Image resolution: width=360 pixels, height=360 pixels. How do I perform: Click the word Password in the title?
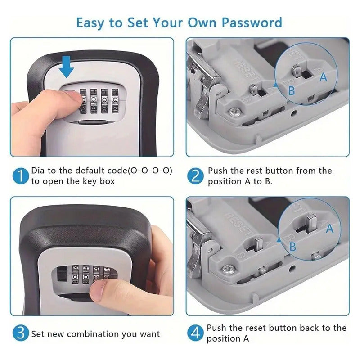coord(252,23)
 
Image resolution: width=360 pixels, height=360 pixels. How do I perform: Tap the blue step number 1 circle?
coord(21,176)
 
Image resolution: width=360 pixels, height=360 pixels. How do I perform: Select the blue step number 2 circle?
coord(195,176)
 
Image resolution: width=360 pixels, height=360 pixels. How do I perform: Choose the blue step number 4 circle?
coord(195,333)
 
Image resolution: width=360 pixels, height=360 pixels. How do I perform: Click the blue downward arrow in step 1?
coord(67,67)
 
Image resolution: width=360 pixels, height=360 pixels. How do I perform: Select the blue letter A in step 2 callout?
coord(323,76)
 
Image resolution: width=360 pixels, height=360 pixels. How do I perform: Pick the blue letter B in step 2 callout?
coord(291,90)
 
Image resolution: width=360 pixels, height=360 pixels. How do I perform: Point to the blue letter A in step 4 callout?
coord(329,229)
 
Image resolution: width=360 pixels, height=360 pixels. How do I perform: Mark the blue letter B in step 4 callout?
coord(292,247)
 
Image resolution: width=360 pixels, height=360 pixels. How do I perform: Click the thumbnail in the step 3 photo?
coord(99,290)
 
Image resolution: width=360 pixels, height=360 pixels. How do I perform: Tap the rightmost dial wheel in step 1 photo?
coord(115,100)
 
